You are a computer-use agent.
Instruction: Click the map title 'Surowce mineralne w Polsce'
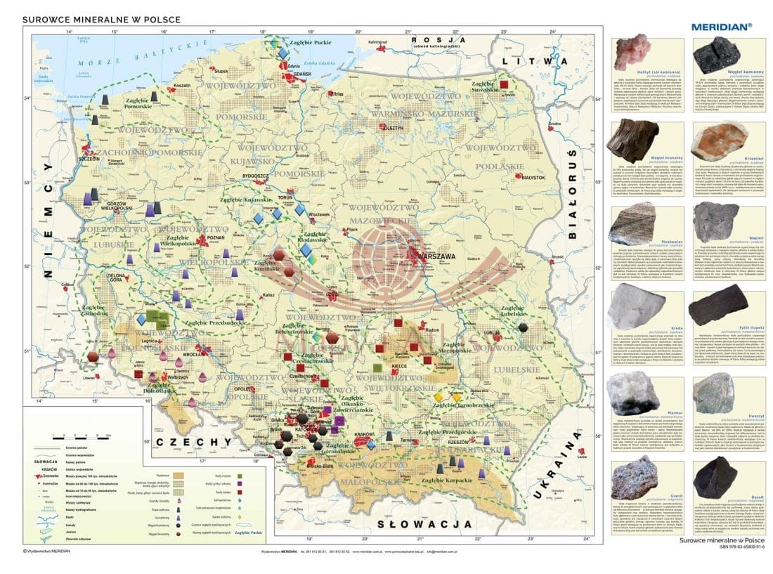pos(101,20)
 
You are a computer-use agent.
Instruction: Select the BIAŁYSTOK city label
pos(533,178)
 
